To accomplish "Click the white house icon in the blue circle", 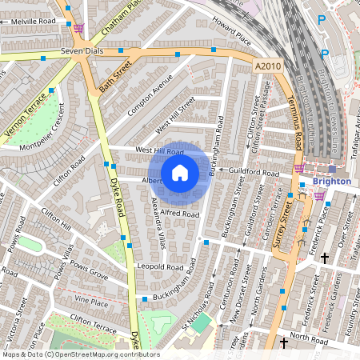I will (180, 173).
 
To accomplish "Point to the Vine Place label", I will (90, 302).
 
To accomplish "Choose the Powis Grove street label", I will (87, 272).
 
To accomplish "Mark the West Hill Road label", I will (160, 150).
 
